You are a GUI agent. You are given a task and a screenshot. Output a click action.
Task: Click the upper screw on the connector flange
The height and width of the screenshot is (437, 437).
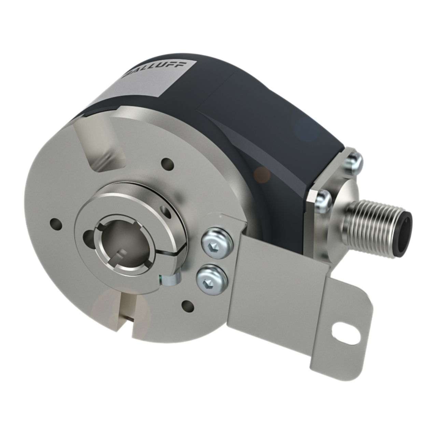pos(355,161)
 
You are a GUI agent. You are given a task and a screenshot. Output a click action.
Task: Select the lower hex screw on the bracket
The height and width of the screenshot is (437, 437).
pos(212,278)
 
